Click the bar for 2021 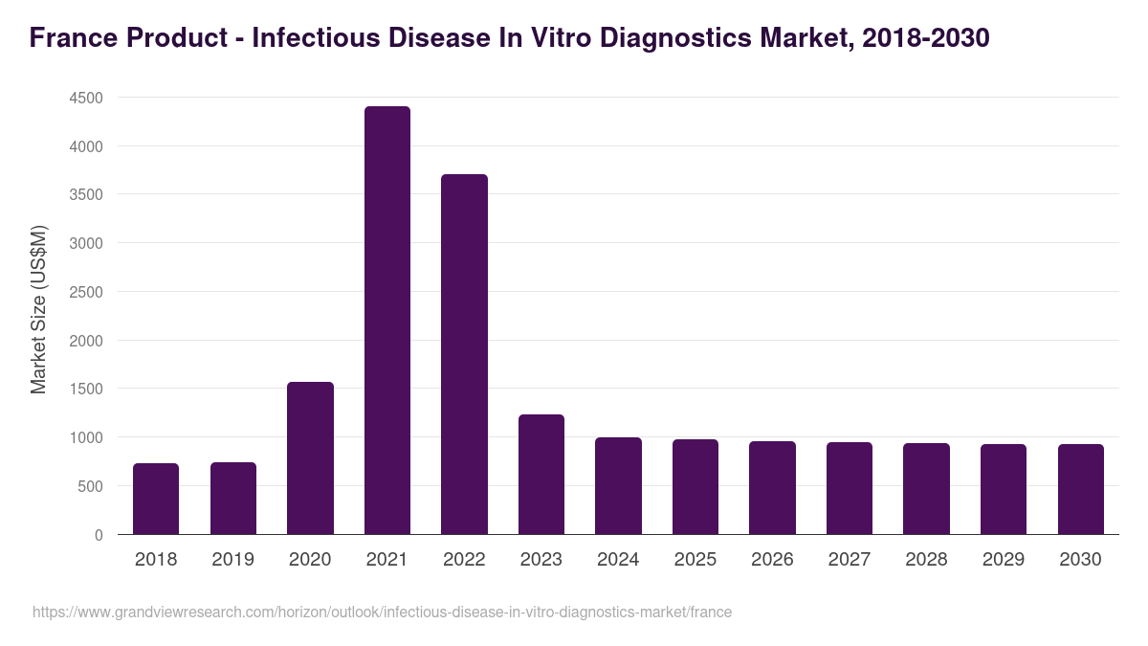pyautogui.click(x=386, y=321)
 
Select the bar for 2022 pyautogui.click(x=464, y=354)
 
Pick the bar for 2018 pyautogui.click(x=156, y=499)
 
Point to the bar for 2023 pyautogui.click(x=541, y=474)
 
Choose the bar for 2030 pyautogui.click(x=1080, y=489)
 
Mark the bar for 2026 pyautogui.click(x=772, y=487)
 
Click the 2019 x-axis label pyautogui.click(x=233, y=560)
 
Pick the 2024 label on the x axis pyautogui.click(x=618, y=560)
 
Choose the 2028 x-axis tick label pyautogui.click(x=926, y=560)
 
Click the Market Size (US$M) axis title pyautogui.click(x=38, y=309)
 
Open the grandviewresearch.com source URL pyautogui.click(x=382, y=612)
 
